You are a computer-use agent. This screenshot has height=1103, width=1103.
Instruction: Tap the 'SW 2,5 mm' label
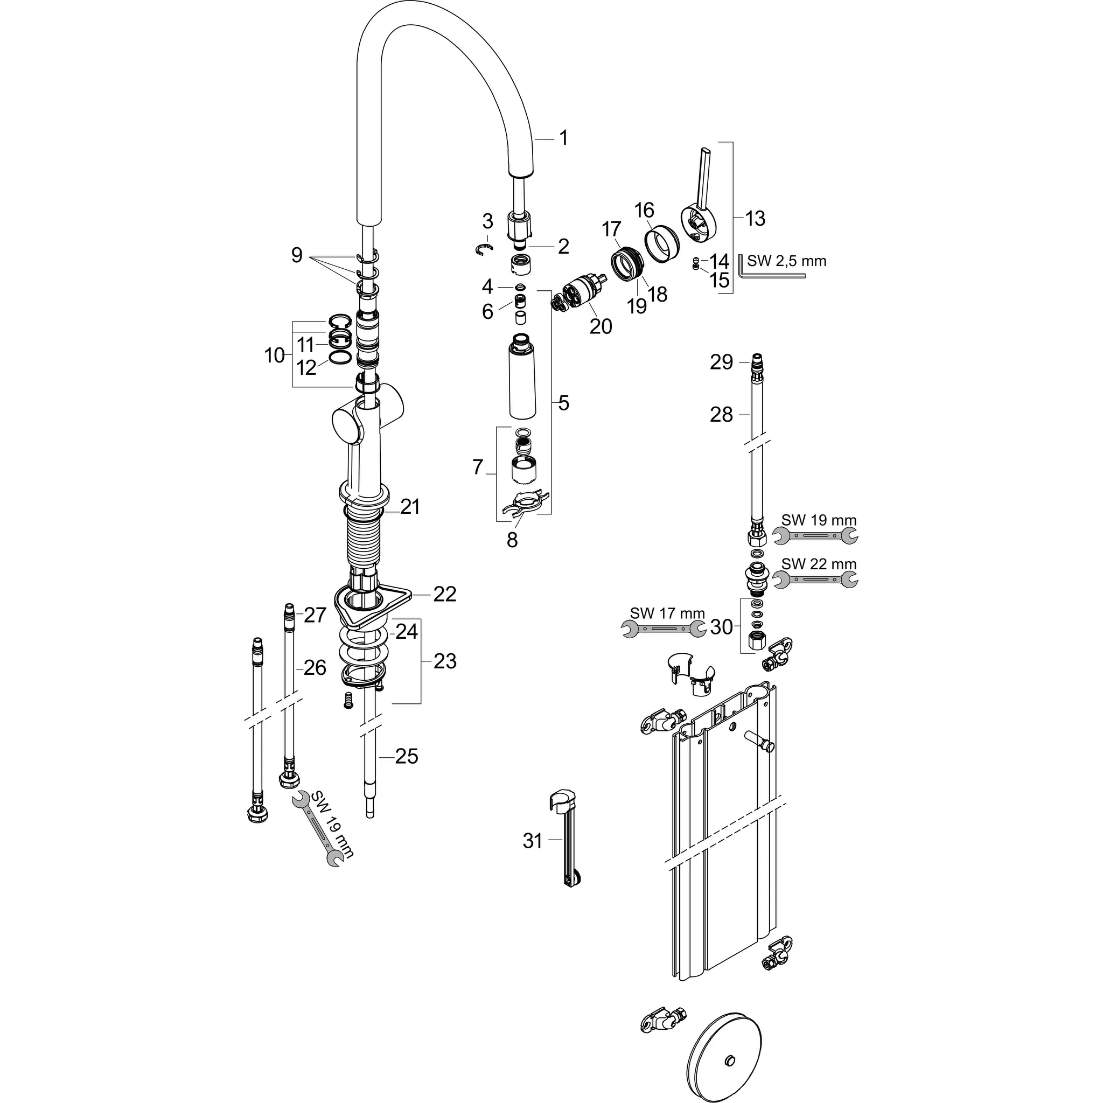[786, 261]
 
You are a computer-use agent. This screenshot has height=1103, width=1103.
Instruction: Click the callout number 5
[563, 403]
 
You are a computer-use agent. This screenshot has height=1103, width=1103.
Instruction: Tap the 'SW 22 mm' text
[819, 564]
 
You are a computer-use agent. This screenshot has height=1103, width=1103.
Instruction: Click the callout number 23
[445, 661]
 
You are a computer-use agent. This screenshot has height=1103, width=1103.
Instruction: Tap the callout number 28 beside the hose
[721, 415]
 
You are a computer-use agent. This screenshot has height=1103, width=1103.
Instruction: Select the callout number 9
[296, 255]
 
